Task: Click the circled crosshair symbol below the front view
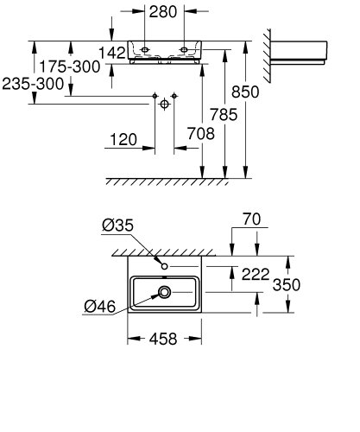(x=163, y=105)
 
